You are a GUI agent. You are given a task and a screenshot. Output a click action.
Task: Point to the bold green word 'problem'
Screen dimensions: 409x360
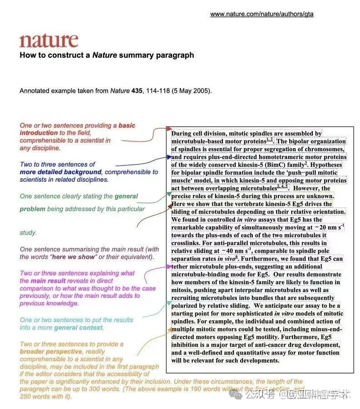pyautogui.click(x=32, y=209)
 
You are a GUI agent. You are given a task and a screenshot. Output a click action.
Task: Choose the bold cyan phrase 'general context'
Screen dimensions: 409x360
pyautogui.click(x=79, y=327)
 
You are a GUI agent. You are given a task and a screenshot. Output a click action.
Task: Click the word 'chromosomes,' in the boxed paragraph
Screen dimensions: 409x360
pyautogui.click(x=323, y=149)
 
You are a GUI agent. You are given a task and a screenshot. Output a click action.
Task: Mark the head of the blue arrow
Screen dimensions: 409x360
pyautogui.click(x=169, y=157)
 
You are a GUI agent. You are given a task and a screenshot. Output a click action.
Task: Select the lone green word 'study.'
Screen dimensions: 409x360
pyautogui.click(x=28, y=233)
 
